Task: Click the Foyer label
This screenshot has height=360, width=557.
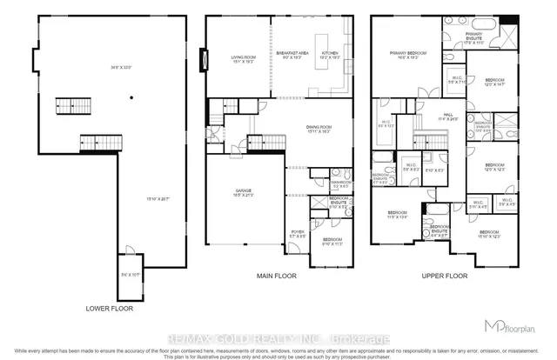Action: click(x=299, y=231)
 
